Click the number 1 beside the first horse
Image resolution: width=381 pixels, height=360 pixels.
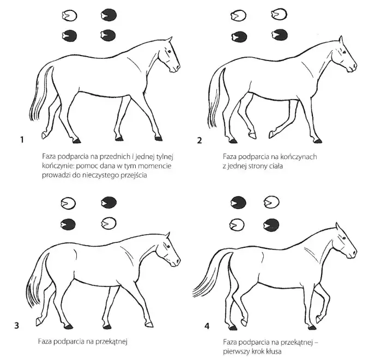(22, 140)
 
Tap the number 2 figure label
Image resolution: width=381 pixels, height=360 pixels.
(199, 141)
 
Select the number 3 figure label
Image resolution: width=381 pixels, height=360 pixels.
(16, 325)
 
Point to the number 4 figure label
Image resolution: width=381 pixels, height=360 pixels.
(207, 326)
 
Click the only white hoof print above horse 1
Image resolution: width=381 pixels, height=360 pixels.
(69, 16)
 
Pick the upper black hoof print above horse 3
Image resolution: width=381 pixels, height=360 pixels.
(109, 203)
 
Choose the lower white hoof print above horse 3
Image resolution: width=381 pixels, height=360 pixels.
(109, 223)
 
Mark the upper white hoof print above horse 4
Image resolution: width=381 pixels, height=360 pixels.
(271, 202)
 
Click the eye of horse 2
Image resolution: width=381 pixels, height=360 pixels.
(344, 52)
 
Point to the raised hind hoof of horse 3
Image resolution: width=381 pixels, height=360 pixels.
(39, 321)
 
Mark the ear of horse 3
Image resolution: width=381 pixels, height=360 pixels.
(167, 235)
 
